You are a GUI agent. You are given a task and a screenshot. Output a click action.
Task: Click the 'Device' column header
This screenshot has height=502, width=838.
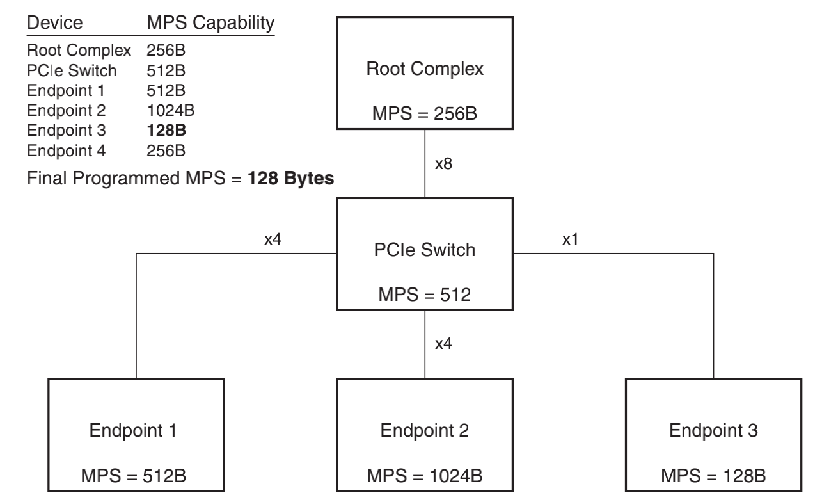click(54, 23)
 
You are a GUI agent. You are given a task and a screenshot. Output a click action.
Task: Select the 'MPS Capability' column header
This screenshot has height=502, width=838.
click(210, 23)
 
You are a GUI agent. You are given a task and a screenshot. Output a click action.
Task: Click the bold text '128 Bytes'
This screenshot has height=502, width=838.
click(291, 179)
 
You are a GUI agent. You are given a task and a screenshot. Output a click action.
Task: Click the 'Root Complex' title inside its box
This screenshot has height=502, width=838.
click(426, 69)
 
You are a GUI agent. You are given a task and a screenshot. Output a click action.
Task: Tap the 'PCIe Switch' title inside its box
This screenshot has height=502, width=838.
click(426, 250)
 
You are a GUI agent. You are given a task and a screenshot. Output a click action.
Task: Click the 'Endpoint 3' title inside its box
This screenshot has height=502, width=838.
click(713, 430)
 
